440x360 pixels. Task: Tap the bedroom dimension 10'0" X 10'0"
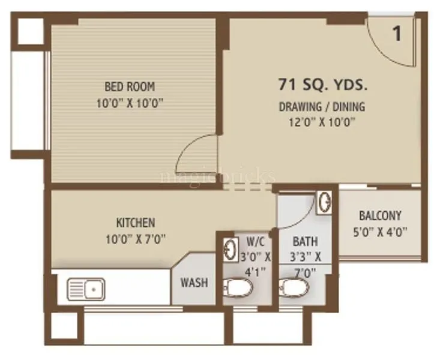click(130, 103)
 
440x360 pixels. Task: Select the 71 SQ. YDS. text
click(322, 85)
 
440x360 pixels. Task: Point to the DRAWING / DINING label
click(322, 107)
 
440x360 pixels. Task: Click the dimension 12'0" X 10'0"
click(322, 124)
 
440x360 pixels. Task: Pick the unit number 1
click(397, 34)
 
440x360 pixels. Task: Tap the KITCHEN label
click(136, 223)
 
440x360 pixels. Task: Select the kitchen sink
click(85, 289)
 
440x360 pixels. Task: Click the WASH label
click(194, 281)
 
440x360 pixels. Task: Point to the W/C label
click(255, 242)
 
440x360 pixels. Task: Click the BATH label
click(306, 242)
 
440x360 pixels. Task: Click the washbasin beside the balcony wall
click(324, 202)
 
